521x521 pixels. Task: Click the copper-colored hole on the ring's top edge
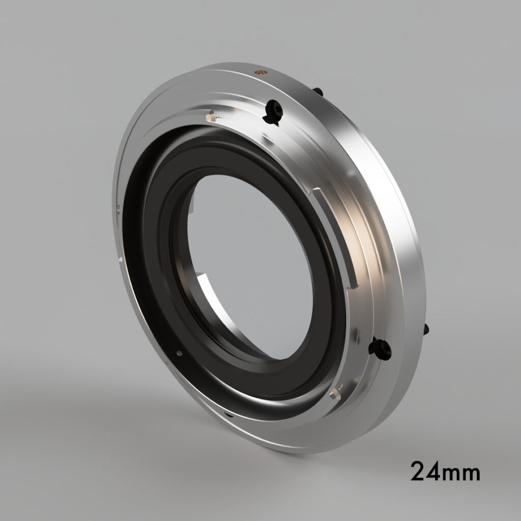pyautogui.click(x=260, y=72)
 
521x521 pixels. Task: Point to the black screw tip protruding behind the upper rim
pyautogui.click(x=317, y=92)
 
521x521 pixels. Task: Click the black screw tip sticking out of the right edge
pyautogui.click(x=426, y=330)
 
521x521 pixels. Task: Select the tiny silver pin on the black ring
pyautogui.click(x=179, y=351)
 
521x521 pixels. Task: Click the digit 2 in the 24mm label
pyautogui.click(x=420, y=472)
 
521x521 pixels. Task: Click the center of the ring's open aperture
pyautogui.click(x=249, y=265)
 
